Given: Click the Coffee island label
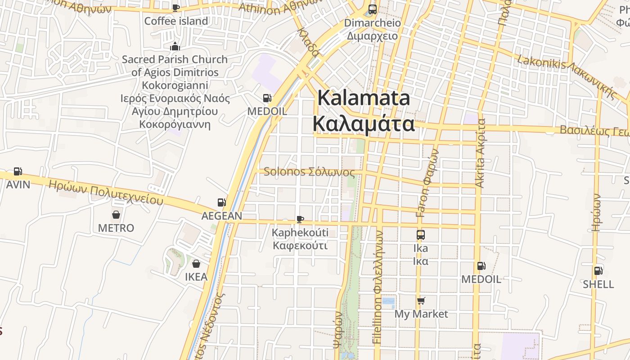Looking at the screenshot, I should coord(176,21).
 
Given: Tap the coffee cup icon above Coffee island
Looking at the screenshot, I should coord(176,8).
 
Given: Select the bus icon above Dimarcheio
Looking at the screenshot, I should coord(372,9).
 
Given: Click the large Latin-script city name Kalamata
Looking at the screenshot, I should coord(364,98).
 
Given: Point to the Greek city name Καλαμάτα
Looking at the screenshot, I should coord(364,123).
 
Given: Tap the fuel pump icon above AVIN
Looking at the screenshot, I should coord(18,171).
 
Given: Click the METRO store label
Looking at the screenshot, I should coord(116,228).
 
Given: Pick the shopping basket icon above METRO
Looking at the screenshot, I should coord(116,214).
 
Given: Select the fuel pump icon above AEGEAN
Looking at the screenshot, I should coord(221,202).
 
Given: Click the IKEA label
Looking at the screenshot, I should coord(196,277).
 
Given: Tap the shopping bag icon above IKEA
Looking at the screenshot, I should coord(196,263).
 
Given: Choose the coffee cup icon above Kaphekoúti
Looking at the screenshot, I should coord(300,219).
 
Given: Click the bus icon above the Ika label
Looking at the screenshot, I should coord(420,234).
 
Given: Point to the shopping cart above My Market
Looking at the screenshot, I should coord(421,300).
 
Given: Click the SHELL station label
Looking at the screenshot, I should coord(598,284).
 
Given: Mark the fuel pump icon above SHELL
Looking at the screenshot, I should coord(598,270).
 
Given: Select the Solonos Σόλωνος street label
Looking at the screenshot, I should coord(309,171).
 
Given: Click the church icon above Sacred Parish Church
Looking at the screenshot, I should coord(175,46).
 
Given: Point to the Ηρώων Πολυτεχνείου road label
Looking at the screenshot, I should coord(106,192).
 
